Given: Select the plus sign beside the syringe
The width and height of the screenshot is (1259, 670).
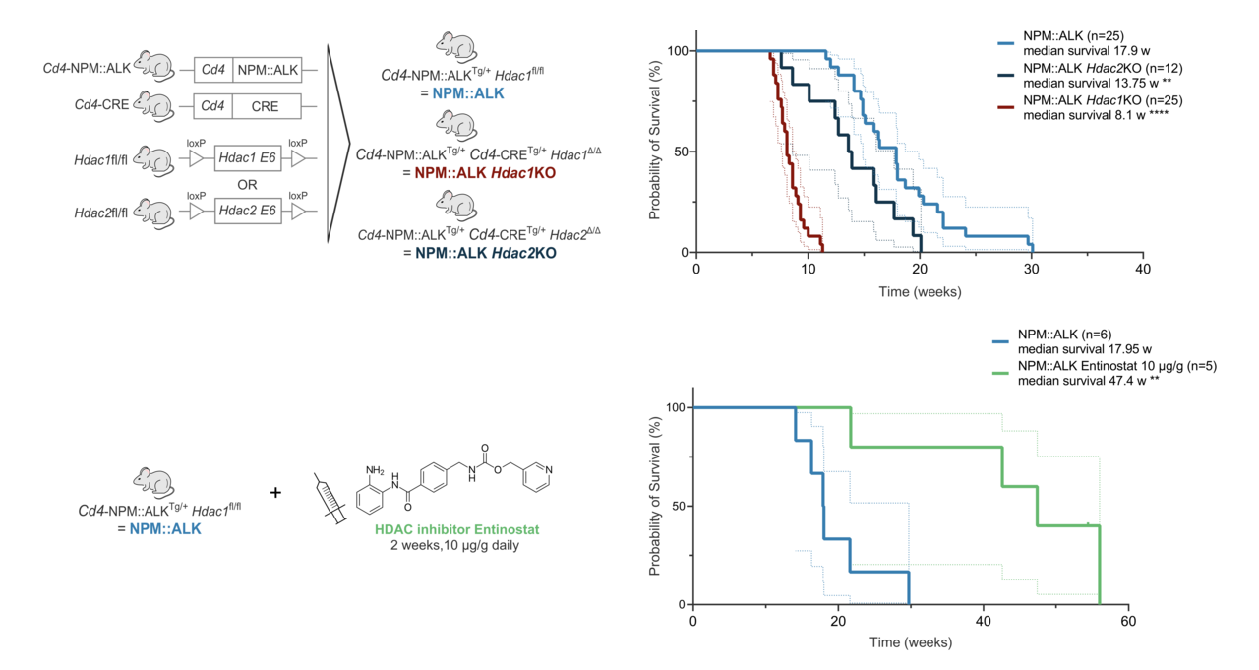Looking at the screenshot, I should click(x=275, y=491).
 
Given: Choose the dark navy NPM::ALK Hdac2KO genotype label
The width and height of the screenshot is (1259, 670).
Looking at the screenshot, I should click(x=479, y=253).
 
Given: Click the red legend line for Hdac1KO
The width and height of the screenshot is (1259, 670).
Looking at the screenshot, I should click(x=1005, y=107).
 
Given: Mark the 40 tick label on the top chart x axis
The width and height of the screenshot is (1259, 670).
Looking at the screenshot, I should click(x=1141, y=270).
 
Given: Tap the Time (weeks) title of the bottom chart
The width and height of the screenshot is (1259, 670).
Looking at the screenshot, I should click(x=910, y=642).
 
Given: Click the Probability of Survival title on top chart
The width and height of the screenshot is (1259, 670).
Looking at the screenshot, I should click(x=654, y=152).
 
